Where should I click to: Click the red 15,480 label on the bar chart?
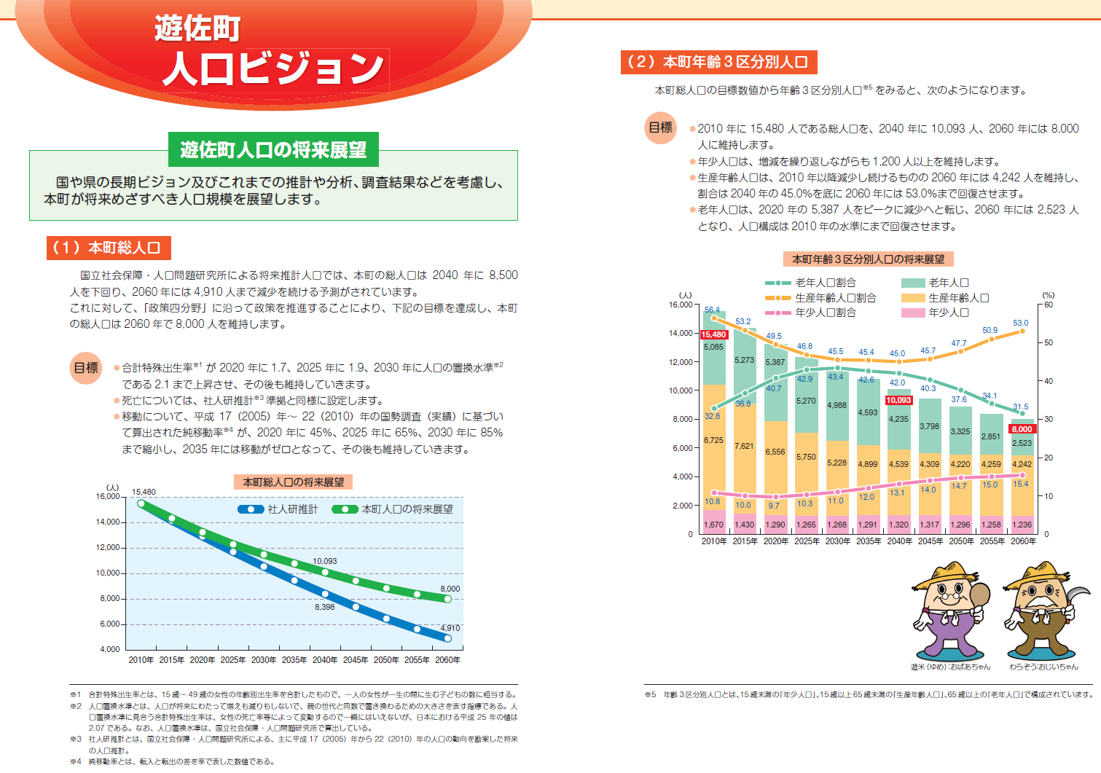(x=713, y=335)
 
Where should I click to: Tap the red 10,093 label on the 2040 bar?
(x=898, y=400)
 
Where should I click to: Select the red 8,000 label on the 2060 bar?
(x=1022, y=429)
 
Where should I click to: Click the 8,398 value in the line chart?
(x=325, y=607)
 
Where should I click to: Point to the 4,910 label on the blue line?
(x=450, y=628)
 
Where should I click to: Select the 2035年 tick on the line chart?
(x=294, y=660)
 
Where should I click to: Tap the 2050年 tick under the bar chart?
(x=961, y=541)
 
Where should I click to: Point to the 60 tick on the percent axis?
(x=1049, y=305)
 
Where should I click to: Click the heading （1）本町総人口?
(x=109, y=248)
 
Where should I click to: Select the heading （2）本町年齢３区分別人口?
(x=718, y=62)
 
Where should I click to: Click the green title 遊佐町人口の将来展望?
(x=274, y=150)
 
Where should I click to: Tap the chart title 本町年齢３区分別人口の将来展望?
(x=868, y=259)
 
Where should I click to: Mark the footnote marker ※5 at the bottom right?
(x=650, y=694)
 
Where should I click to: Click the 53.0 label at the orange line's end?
(x=1020, y=323)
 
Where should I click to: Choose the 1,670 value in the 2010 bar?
(x=713, y=525)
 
